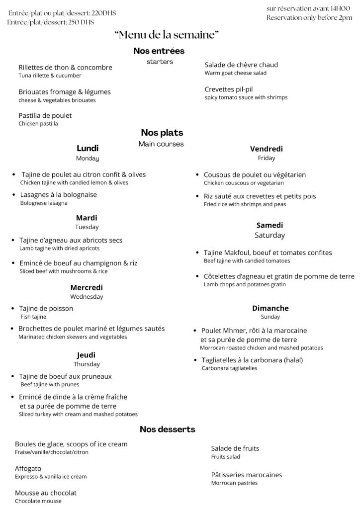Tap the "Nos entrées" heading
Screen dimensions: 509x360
[x=159, y=51]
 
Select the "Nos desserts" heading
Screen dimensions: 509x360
[x=167, y=429]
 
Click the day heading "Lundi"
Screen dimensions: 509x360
[x=88, y=148]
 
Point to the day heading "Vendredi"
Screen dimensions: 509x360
[x=267, y=149]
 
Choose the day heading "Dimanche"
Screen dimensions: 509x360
[x=270, y=308]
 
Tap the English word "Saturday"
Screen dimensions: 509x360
[x=270, y=235]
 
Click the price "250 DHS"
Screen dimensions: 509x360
[x=81, y=22]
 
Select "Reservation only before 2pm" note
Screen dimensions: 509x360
[x=309, y=18]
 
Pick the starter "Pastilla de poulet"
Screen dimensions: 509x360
[x=45, y=115]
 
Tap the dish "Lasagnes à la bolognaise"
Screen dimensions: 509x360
[x=58, y=194]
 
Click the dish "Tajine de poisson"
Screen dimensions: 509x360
[x=46, y=308]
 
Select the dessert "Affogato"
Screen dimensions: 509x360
[x=28, y=468]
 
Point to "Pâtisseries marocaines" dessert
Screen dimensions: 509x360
[x=247, y=475]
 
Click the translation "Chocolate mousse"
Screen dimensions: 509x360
[x=38, y=501]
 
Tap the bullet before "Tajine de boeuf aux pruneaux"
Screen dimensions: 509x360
[x=13, y=376]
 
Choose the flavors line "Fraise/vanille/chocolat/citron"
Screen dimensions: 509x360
[x=52, y=452]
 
